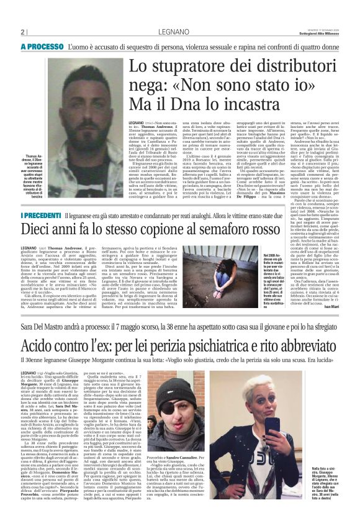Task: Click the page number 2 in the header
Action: [22, 33]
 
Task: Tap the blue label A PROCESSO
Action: [42, 47]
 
